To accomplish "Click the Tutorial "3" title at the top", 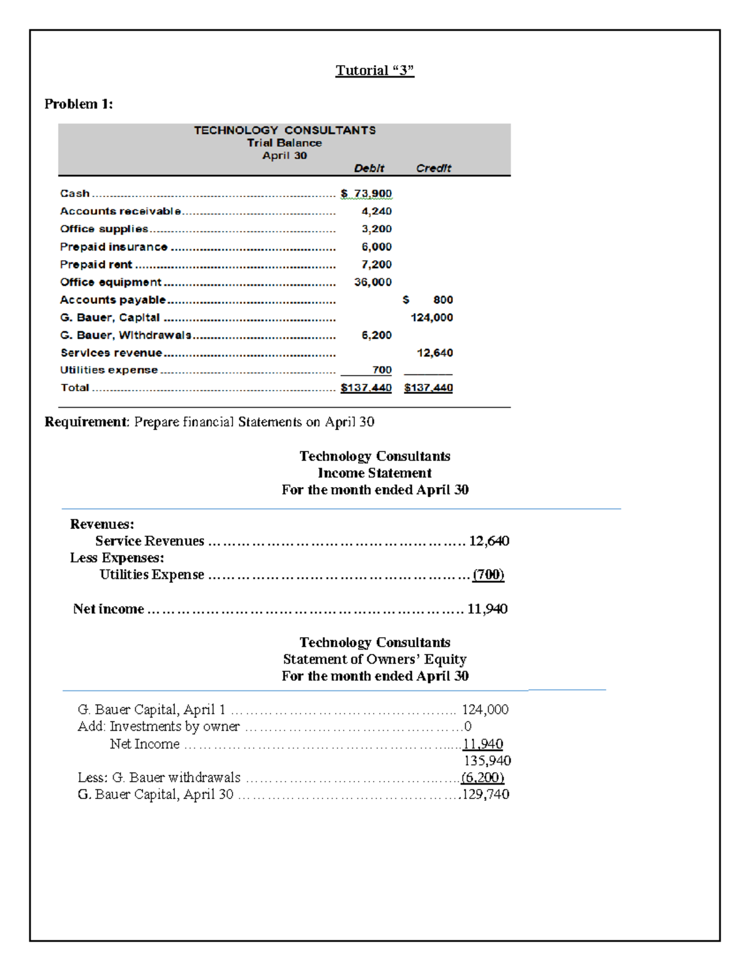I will pyautogui.click(x=374, y=70).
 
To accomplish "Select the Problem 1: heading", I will pyautogui.click(x=79, y=104).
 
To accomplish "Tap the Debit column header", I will pyautogui.click(x=369, y=168).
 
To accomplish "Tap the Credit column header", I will pyautogui.click(x=433, y=168).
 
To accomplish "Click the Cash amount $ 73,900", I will pyautogui.click(x=366, y=194).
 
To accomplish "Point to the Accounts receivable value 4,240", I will pyautogui.click(x=376, y=211).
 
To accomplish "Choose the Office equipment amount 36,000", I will pyautogui.click(x=372, y=282).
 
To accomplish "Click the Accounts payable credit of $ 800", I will pyautogui.click(x=428, y=300).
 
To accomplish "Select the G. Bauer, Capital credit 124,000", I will pyautogui.click(x=431, y=318).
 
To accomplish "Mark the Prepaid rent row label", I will pyautogui.click(x=96, y=264).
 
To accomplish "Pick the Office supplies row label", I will pyautogui.click(x=104, y=229).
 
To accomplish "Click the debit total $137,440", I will pyautogui.click(x=366, y=388).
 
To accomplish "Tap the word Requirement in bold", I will pyautogui.click(x=86, y=422).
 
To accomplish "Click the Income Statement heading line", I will pyautogui.click(x=374, y=473).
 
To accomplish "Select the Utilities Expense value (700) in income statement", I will pyautogui.click(x=488, y=575).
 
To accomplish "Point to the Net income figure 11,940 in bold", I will pyautogui.click(x=487, y=609).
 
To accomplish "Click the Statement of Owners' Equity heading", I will pyautogui.click(x=374, y=659).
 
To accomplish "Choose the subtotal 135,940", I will pyautogui.click(x=487, y=761).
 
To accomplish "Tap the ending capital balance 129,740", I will pyautogui.click(x=486, y=795).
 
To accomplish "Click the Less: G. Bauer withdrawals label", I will pyautogui.click(x=159, y=778).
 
